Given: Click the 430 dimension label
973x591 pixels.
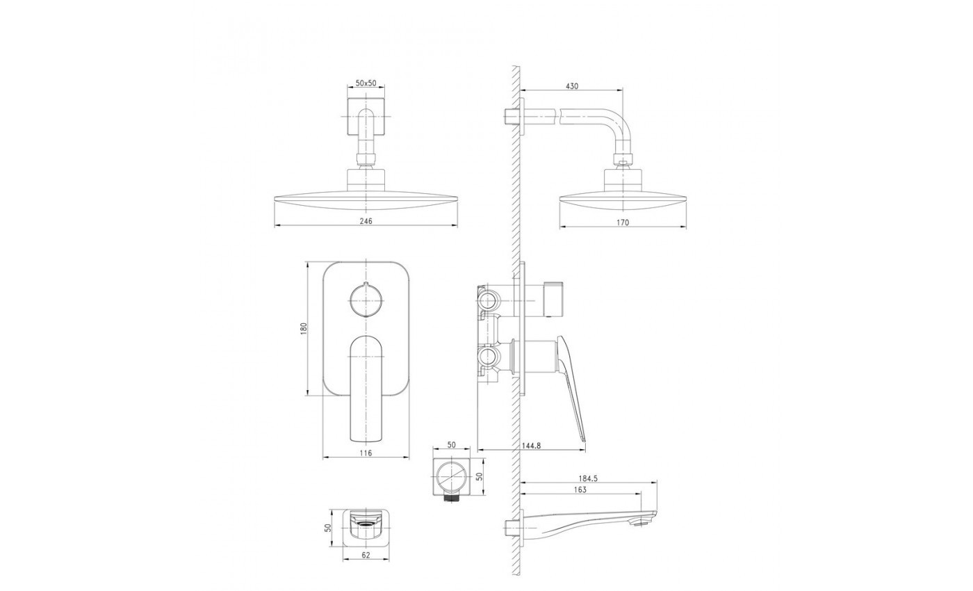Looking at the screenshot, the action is [x=572, y=86].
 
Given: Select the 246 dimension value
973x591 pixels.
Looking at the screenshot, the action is [x=366, y=221].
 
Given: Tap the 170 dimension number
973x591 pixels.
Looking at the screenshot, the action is [x=623, y=222].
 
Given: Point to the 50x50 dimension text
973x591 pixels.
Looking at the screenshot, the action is [x=366, y=83].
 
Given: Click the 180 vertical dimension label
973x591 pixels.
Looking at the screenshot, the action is [x=304, y=328].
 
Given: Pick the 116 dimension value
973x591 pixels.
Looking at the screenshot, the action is [x=366, y=453].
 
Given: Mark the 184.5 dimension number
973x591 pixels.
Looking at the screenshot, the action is [x=588, y=478].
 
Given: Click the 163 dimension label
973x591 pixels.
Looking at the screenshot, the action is [x=580, y=489].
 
